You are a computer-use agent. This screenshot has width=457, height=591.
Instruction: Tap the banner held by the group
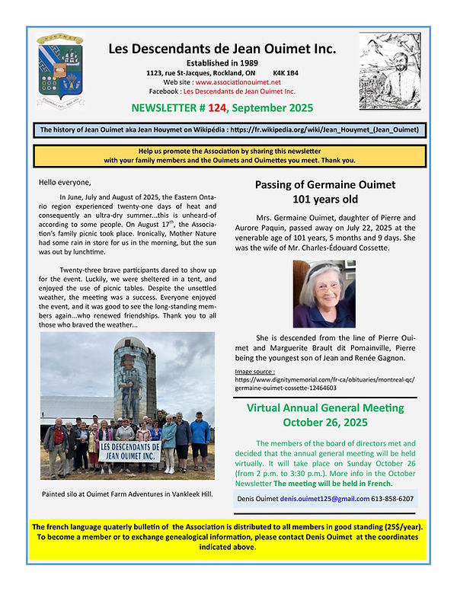[x=119, y=450]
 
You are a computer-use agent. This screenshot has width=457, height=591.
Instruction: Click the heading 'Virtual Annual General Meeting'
[x=324, y=408]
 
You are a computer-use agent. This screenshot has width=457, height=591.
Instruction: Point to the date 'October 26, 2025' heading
[x=324, y=422]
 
